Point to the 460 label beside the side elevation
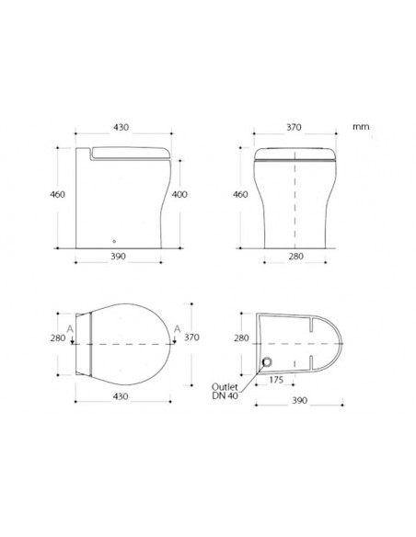[x=58, y=195]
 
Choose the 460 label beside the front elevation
[x=241, y=195]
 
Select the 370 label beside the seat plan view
[x=191, y=337]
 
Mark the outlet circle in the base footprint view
[x=270, y=362]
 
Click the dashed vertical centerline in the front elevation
[x=295, y=198]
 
